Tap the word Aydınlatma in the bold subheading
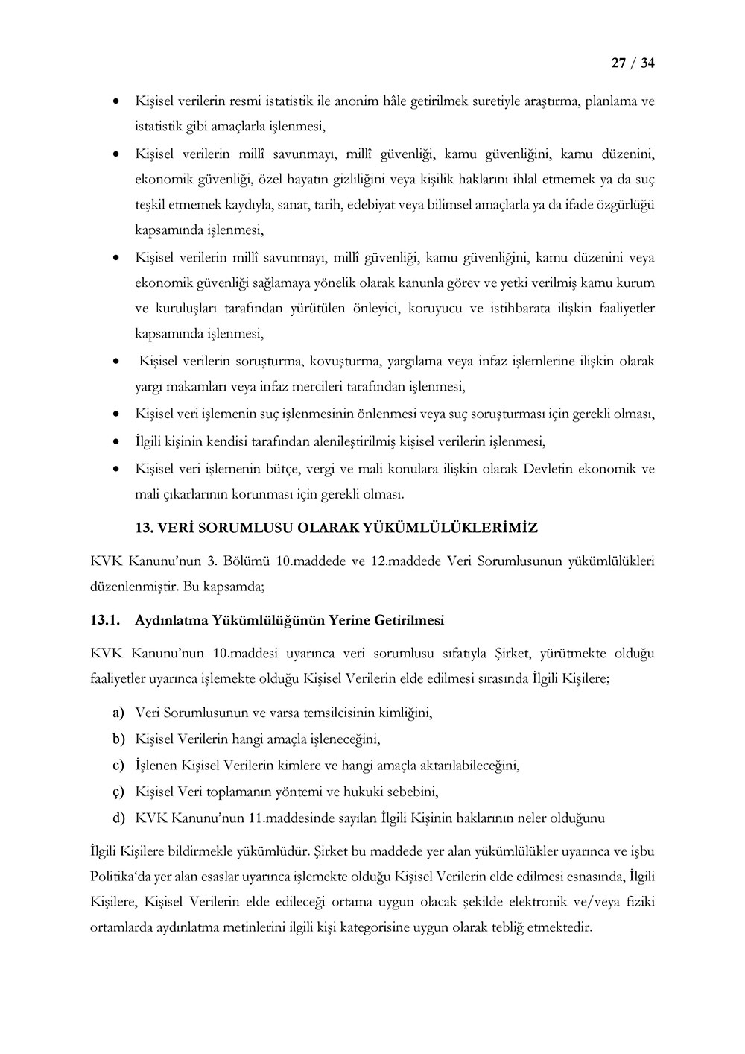pyautogui.click(x=171, y=620)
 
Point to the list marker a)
pyautogui.click(x=118, y=713)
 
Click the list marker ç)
pyautogui.click(x=118, y=792)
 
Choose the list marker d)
pyautogui.click(x=118, y=818)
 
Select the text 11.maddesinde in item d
pyautogui.click(x=288, y=818)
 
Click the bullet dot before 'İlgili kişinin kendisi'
pyautogui.click(x=115, y=441)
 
